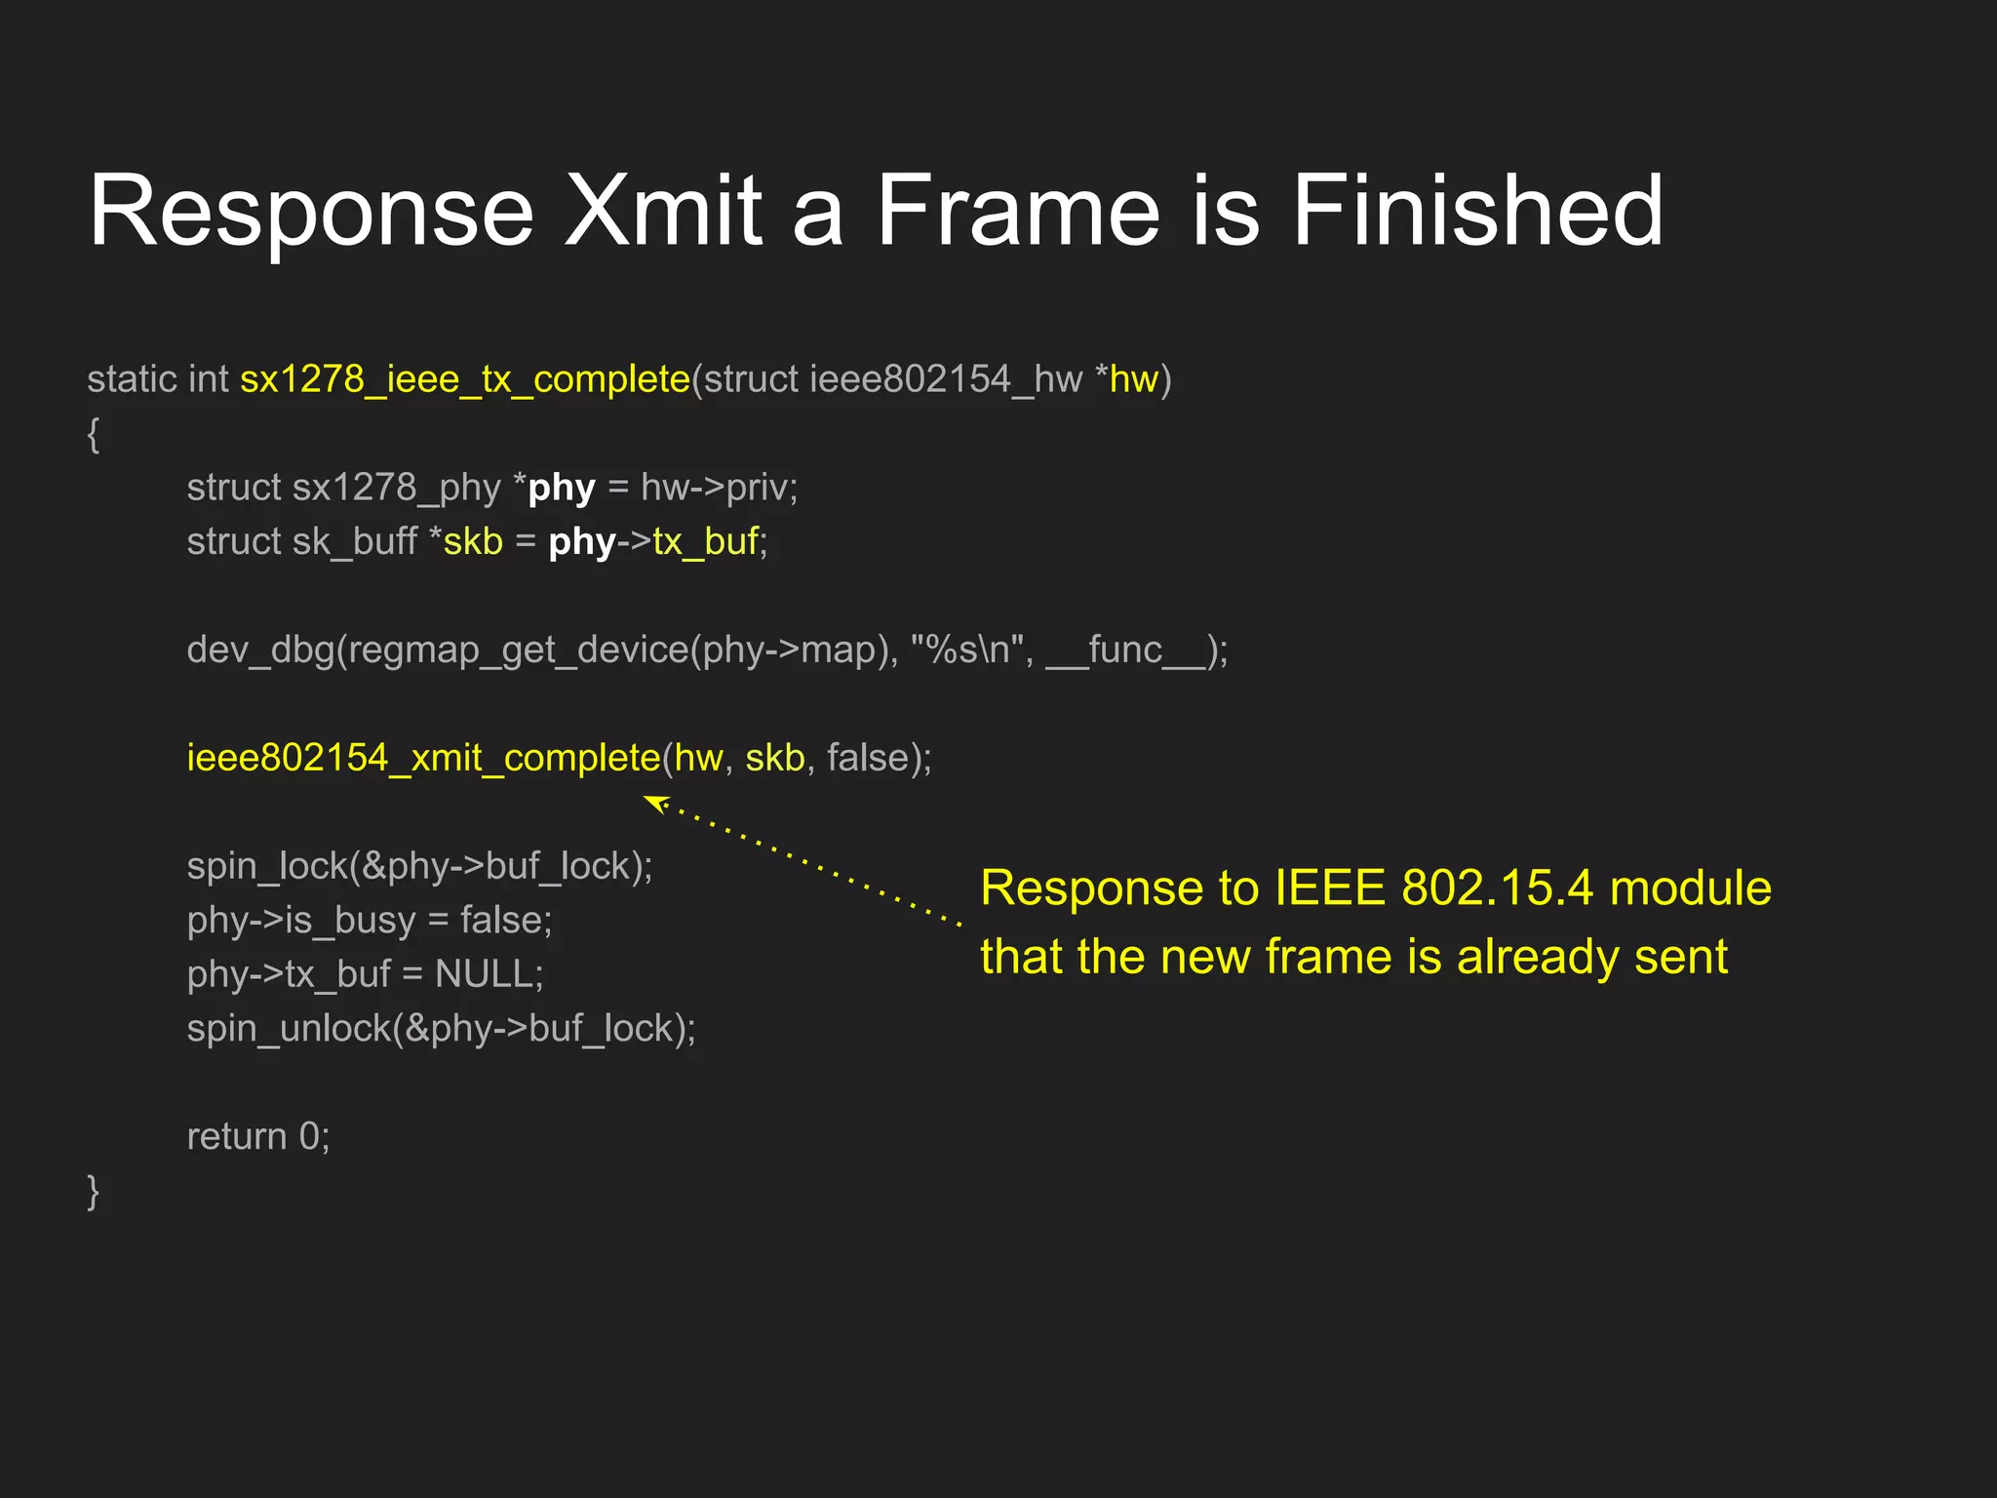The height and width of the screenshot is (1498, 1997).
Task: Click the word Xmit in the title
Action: point(663,211)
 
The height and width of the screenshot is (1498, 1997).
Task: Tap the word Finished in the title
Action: point(1476,211)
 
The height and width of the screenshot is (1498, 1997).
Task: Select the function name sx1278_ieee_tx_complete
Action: point(465,379)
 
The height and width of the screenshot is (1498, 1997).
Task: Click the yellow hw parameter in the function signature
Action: point(1133,379)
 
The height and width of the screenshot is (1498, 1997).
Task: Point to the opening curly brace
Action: point(94,434)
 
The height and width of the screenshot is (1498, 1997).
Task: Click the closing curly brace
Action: point(94,1191)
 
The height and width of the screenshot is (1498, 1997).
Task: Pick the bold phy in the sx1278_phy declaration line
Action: point(562,488)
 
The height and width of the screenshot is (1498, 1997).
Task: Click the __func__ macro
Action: point(1126,650)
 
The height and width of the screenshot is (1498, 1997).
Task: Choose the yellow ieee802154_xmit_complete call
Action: point(423,758)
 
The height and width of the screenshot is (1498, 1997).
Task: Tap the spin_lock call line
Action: point(419,866)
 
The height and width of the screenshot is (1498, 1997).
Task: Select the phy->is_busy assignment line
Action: point(369,920)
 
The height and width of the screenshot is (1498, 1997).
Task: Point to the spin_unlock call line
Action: point(441,1029)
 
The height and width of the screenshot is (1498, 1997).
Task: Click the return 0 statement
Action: point(258,1137)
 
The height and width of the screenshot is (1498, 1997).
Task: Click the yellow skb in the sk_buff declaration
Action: point(473,541)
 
